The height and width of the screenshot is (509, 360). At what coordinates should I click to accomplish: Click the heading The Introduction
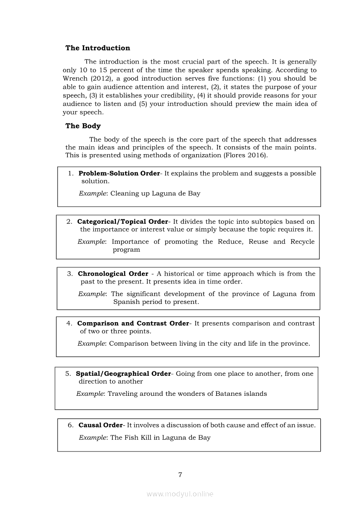click(98, 48)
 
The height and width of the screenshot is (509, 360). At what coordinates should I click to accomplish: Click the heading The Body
click(83, 126)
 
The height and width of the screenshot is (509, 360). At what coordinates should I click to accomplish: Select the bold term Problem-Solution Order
click(119, 173)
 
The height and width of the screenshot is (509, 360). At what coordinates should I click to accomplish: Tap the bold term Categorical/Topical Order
click(122, 222)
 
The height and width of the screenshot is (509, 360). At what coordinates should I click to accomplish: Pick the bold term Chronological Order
click(113, 274)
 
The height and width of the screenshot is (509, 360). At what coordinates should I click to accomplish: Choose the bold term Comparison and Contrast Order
click(133, 324)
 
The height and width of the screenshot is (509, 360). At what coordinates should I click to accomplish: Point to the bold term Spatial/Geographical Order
click(123, 374)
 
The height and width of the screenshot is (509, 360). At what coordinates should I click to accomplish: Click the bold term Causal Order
click(101, 425)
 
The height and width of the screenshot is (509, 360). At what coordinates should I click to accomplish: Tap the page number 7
click(180, 475)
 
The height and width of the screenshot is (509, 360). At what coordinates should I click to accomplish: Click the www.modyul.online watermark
click(180, 494)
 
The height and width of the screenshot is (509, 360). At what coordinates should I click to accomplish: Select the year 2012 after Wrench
click(100, 78)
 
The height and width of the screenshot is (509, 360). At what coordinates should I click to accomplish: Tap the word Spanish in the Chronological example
click(126, 302)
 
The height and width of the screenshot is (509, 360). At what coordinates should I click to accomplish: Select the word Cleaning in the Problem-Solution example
click(124, 193)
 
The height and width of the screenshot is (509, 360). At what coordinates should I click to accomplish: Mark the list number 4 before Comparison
click(69, 324)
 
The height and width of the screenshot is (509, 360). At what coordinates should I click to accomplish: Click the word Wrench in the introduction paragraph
click(75, 78)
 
